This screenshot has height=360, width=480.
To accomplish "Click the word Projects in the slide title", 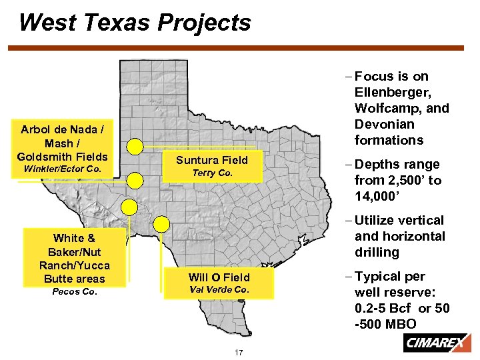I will [205, 23].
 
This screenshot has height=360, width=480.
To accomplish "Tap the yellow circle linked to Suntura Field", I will [135, 146].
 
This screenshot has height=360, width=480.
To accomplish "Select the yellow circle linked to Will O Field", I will [161, 224].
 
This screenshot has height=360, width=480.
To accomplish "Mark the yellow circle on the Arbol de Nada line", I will [135, 179].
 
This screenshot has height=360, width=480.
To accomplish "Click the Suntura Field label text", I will [211, 160].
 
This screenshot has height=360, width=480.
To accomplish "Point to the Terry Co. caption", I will [211, 173].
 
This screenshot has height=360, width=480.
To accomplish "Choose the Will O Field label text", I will [219, 277].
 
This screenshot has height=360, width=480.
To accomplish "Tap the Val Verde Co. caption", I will [219, 289].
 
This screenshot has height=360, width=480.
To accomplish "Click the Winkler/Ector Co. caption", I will [62, 169].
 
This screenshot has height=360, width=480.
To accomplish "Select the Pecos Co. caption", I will [74, 291].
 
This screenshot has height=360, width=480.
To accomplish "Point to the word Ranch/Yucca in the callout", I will [74, 265].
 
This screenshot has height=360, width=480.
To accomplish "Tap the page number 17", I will [238, 353].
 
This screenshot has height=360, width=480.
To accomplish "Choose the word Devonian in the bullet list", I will [385, 124].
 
